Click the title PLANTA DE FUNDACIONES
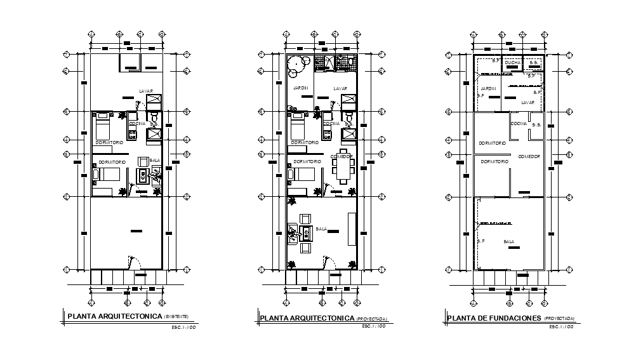(494, 318)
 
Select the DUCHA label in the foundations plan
(513, 63)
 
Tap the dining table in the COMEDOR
(343, 170)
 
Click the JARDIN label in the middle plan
(301, 88)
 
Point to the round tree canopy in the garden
(296, 63)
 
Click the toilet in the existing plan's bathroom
(153, 119)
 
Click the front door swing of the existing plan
(133, 262)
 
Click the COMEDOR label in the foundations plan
(529, 156)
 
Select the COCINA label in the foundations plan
(519, 123)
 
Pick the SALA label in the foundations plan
(509, 241)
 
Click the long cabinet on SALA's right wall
(352, 229)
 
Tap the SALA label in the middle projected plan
(329, 229)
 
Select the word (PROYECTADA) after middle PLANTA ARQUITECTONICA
(371, 319)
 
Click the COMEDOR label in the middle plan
(341, 156)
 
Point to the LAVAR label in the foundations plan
(528, 102)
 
